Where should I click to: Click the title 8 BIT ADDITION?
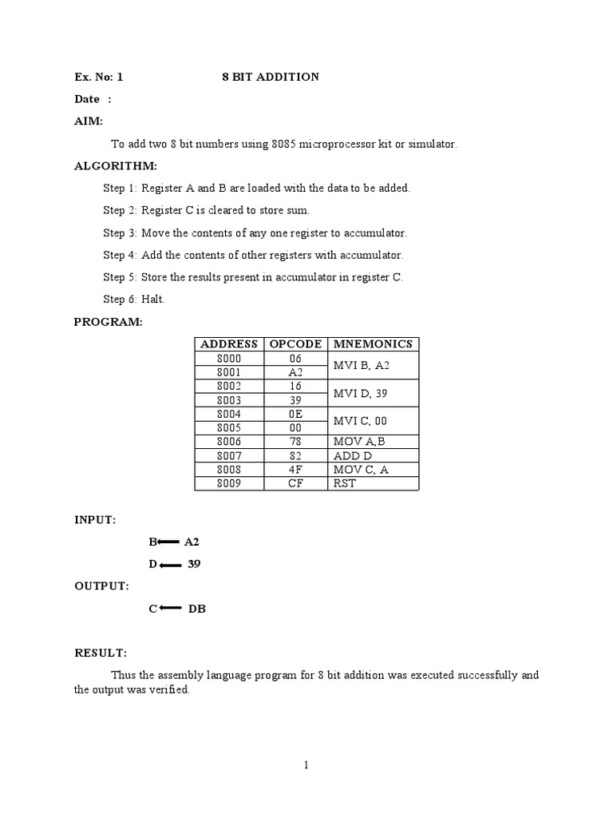tap(270, 77)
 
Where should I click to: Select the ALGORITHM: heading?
tap(116, 166)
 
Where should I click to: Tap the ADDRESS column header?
tap(229, 344)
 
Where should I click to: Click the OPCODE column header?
tap(295, 344)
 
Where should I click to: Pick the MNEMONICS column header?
tap(373, 344)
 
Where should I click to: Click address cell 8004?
tap(229, 414)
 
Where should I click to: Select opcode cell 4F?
tap(295, 470)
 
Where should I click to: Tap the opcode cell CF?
tap(295, 483)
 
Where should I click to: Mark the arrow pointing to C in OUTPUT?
tap(170, 609)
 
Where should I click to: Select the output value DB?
tap(197, 609)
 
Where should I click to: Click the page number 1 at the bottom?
tap(306, 765)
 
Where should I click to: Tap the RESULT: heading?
tap(101, 653)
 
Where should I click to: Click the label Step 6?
tap(120, 300)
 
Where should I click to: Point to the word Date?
tap(87, 99)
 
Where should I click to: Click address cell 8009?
tap(229, 483)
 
